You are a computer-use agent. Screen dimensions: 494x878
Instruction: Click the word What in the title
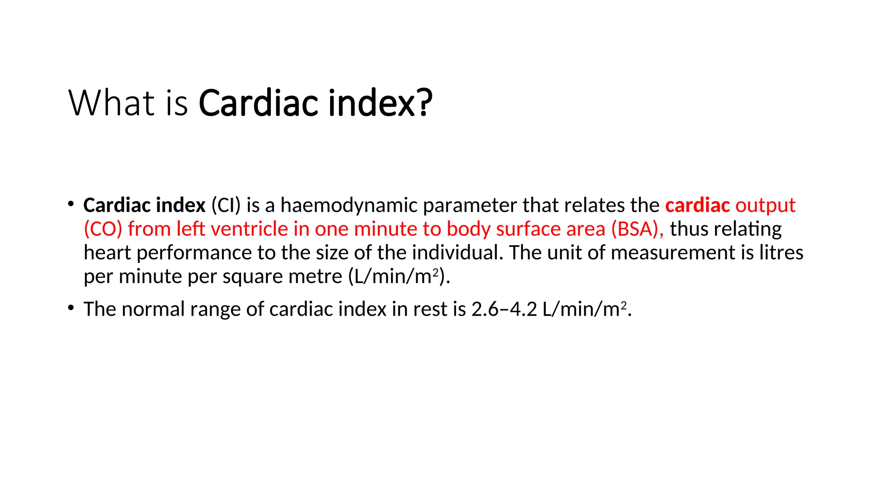point(111,103)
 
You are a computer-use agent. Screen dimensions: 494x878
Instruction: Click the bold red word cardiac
point(697,205)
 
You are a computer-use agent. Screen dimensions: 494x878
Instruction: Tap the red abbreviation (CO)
point(103,229)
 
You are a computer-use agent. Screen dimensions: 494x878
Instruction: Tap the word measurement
point(673,253)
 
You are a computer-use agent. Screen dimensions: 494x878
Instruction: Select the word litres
point(781,253)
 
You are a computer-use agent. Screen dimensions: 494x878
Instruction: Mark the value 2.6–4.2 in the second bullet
point(504,309)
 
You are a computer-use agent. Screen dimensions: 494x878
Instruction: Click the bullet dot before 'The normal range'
point(71,307)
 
